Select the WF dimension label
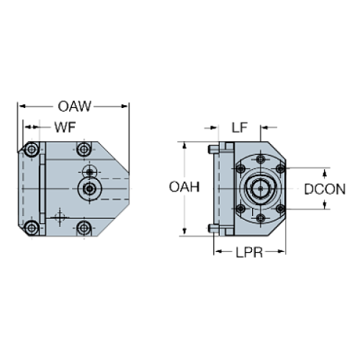(65, 128)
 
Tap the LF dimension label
(239, 128)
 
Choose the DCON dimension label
(325, 189)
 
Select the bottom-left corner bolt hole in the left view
(32, 227)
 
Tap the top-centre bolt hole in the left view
(84, 151)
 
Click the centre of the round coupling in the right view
(259, 189)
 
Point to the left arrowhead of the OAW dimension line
(20, 107)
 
